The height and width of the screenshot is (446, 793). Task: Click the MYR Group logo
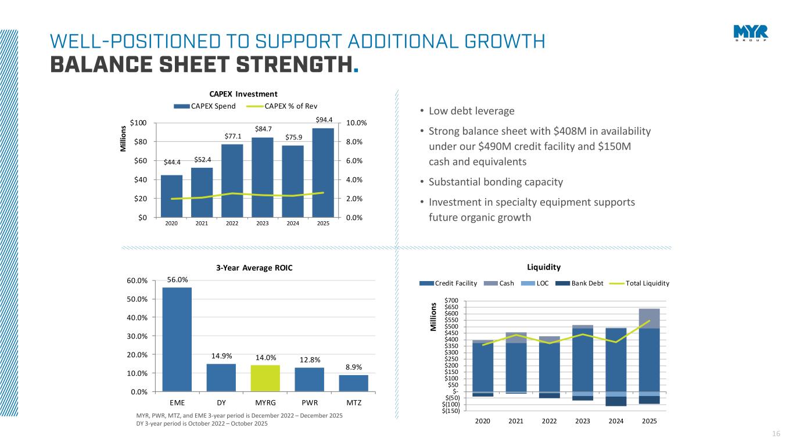(x=750, y=33)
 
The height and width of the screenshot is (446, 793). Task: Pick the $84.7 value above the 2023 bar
(x=263, y=128)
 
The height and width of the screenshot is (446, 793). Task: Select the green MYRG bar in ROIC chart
(x=265, y=378)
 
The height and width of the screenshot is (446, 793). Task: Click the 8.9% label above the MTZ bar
(x=354, y=368)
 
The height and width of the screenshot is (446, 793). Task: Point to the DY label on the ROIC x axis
(x=221, y=402)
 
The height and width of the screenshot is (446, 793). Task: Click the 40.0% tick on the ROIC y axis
(x=143, y=318)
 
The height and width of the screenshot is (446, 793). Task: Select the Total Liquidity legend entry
(x=647, y=283)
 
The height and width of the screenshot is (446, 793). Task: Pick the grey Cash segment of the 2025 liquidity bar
(x=649, y=318)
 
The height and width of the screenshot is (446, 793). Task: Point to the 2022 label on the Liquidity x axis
(x=549, y=420)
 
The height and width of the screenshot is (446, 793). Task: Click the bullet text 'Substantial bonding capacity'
(x=496, y=182)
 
